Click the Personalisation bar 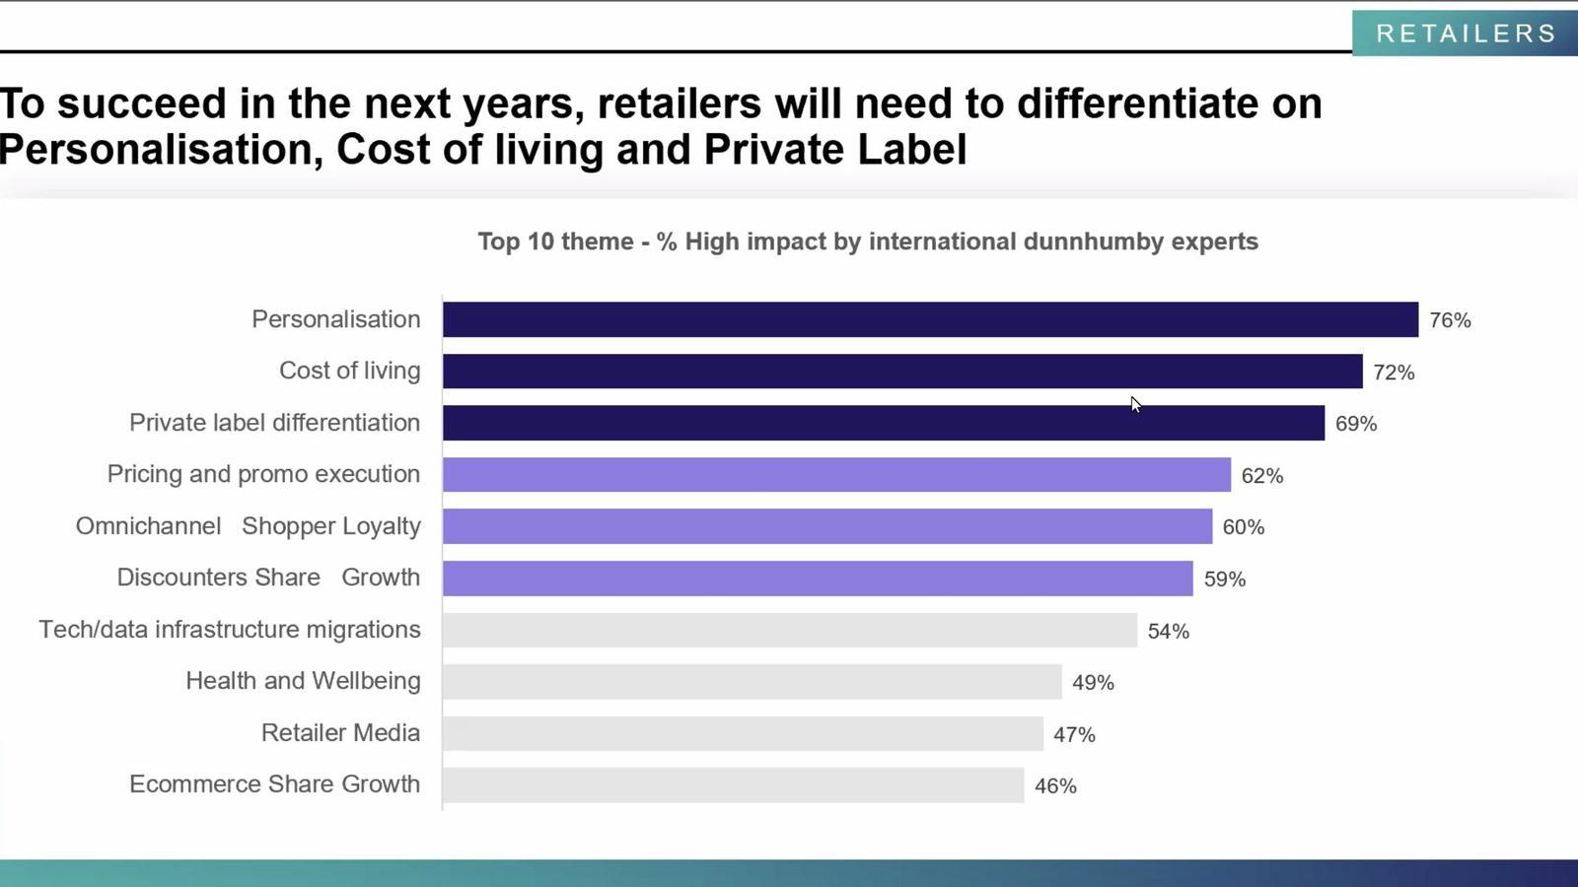coord(930,319)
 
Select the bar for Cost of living coord(902,372)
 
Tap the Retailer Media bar coord(743,733)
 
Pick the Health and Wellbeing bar coord(752,681)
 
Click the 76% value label coord(1450,320)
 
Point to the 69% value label coord(1356,424)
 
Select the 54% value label coord(1169,631)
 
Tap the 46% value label coord(1055,786)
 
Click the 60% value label coord(1244,527)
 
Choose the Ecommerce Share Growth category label coord(274,785)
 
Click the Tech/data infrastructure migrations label coord(230,630)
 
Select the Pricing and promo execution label coord(263,474)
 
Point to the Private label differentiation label coord(274,423)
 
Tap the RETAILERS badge coord(1466,34)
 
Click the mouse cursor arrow coord(1135,404)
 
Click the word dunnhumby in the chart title coord(1093,241)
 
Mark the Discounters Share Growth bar coord(818,579)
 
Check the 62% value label coord(1262,476)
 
